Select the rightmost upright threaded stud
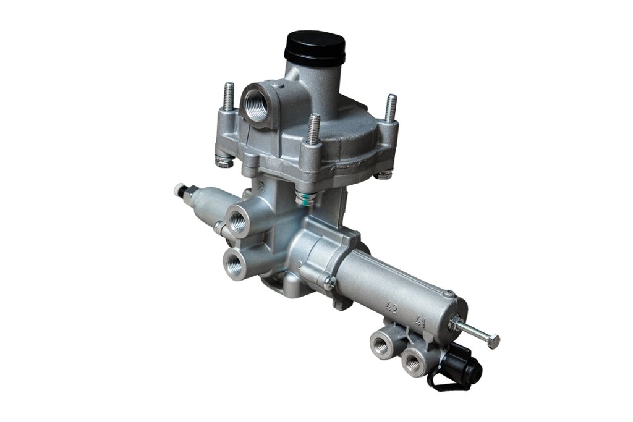pos(391,108)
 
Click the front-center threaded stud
pos(315,129)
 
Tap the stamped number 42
pos(391,309)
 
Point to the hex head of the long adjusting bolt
pos(494,341)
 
